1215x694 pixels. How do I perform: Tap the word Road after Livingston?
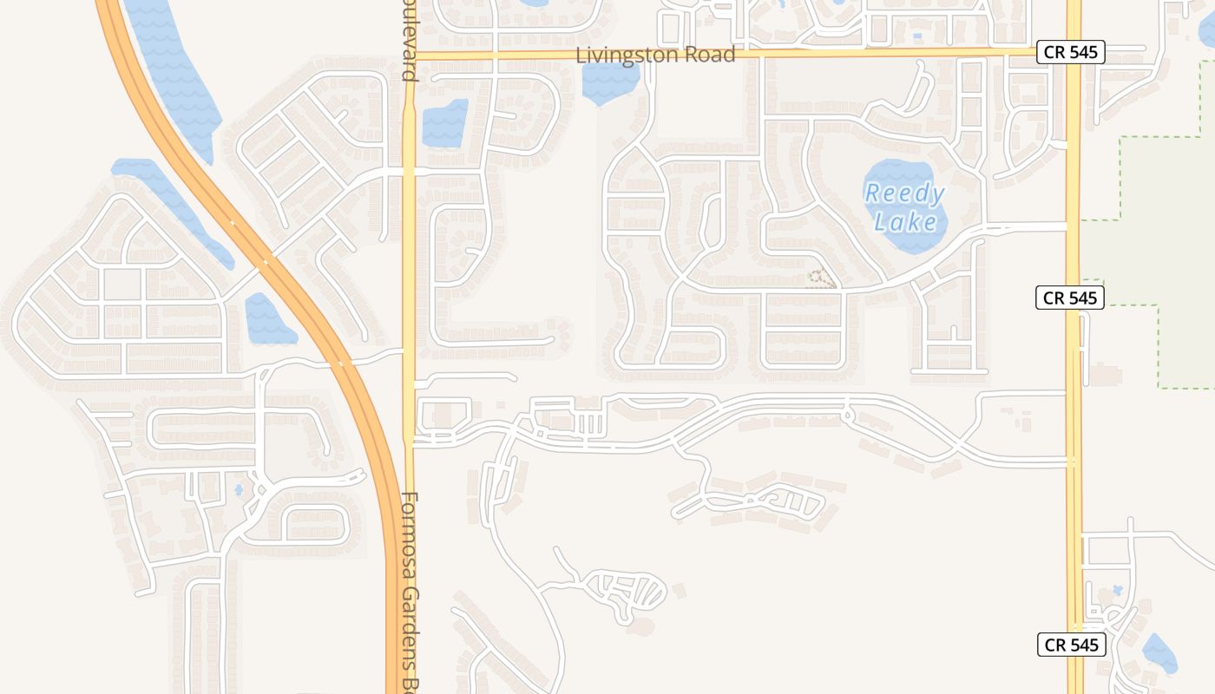[x=709, y=55]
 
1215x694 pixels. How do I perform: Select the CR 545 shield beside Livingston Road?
[x=1071, y=52]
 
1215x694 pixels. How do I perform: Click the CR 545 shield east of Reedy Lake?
[x=1070, y=298]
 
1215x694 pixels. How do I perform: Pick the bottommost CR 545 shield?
[x=1072, y=645]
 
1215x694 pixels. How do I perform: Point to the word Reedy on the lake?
[x=903, y=193]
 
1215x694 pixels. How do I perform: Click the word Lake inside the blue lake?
[x=905, y=222]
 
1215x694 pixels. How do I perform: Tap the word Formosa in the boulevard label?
[x=410, y=528]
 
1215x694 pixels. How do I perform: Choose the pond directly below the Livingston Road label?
[x=610, y=82]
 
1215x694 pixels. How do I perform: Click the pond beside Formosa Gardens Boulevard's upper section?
[x=444, y=123]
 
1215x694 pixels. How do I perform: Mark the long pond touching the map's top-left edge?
[x=174, y=69]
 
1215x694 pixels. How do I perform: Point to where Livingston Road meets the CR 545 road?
[x=1074, y=53]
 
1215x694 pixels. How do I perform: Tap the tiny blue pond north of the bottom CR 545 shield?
[x=1117, y=590]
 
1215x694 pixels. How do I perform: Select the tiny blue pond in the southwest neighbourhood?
[x=239, y=490]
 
